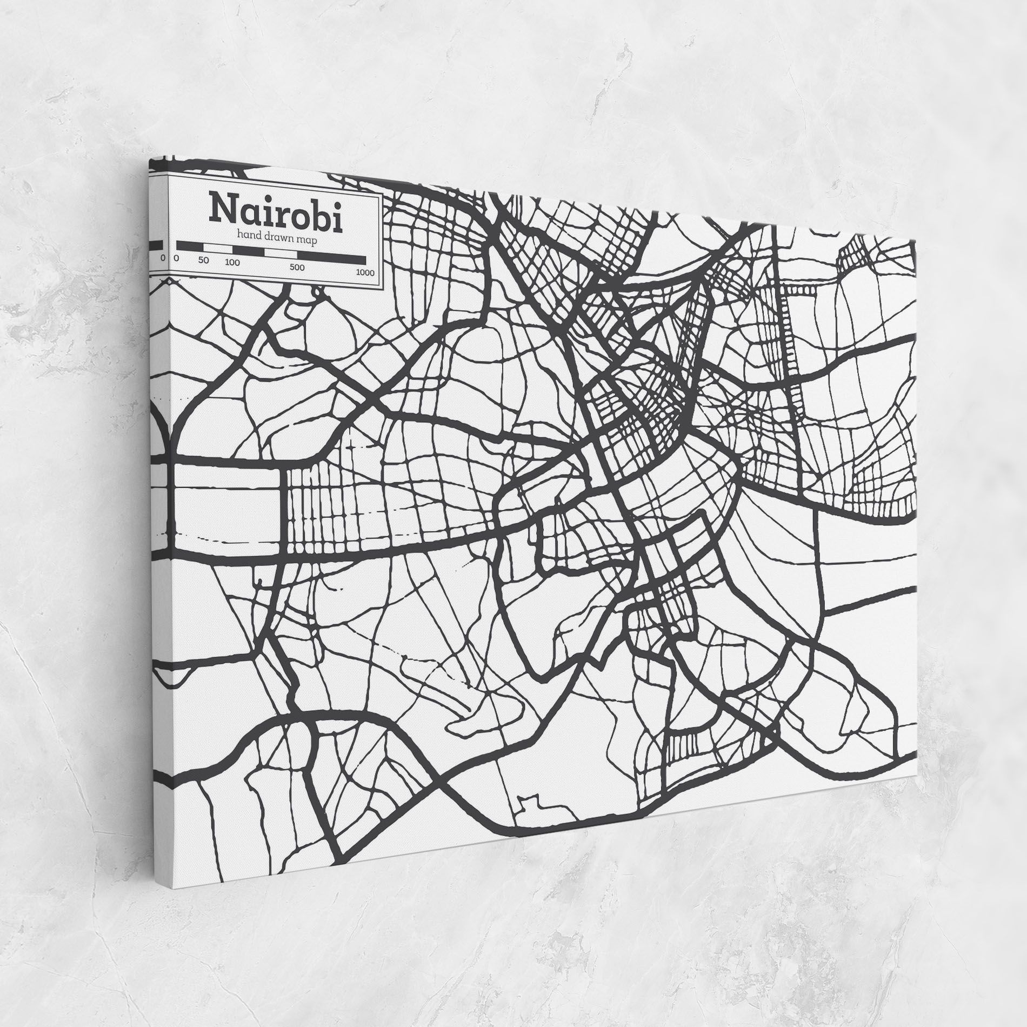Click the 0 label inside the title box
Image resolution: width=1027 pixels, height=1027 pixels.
click(176, 258)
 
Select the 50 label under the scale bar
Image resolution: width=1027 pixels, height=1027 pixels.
click(203, 261)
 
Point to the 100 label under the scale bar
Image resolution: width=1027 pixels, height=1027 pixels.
click(232, 263)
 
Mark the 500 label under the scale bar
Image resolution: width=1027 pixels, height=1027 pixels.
click(297, 268)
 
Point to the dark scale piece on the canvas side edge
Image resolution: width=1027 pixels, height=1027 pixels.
click(156, 245)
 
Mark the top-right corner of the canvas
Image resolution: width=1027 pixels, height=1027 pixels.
click(917, 238)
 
